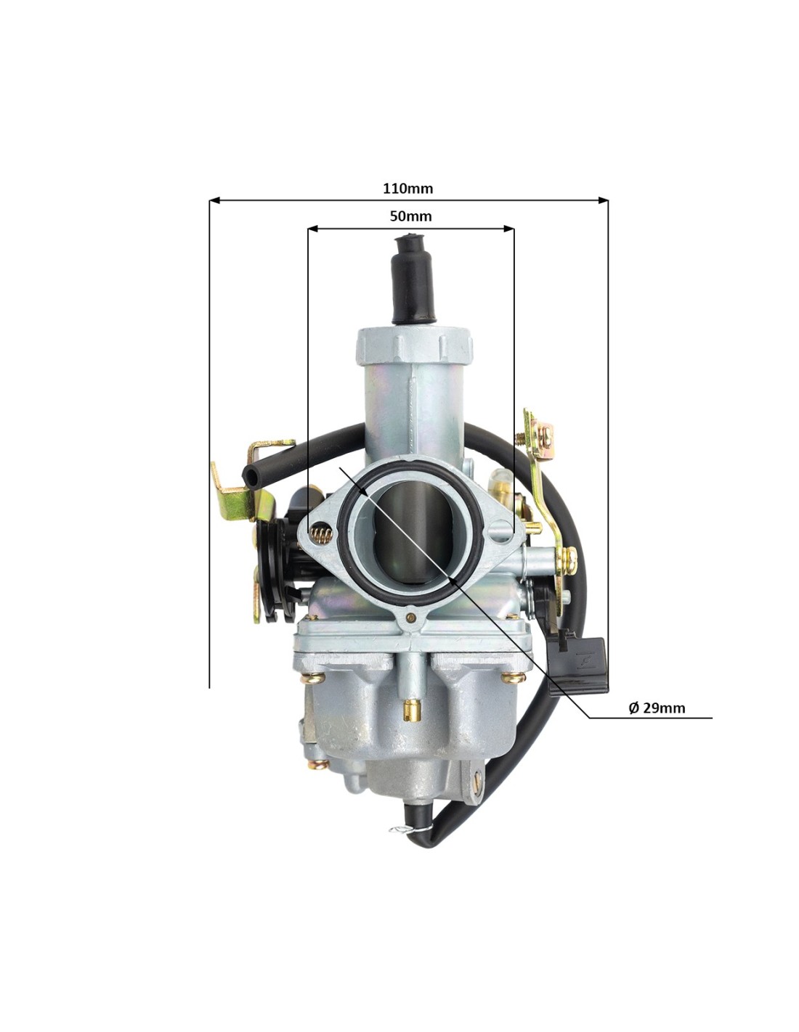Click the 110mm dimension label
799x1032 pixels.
[x=407, y=189]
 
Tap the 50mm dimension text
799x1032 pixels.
[x=410, y=216]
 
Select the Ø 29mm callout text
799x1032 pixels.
[x=657, y=721]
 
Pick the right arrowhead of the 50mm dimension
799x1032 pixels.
[x=508, y=229]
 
